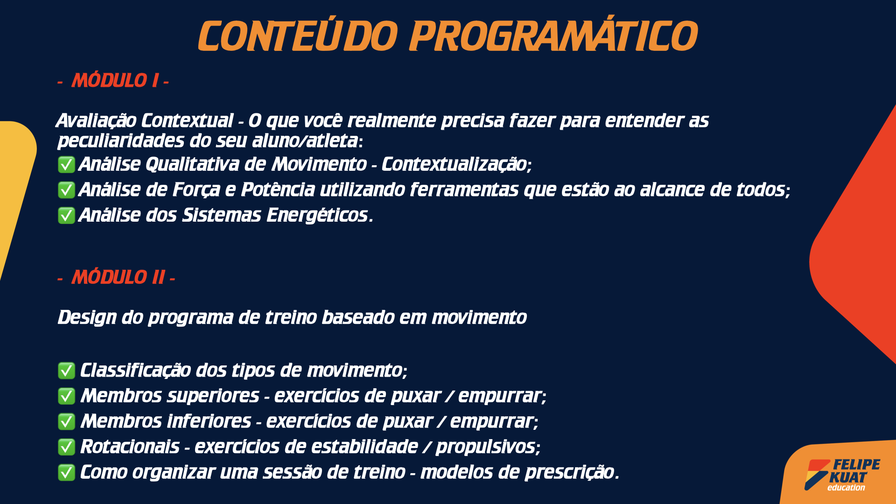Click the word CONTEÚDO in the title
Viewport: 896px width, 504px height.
pyautogui.click(x=298, y=35)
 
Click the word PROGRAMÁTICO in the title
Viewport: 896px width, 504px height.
pyautogui.click(x=553, y=35)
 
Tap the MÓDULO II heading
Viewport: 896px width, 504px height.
pyautogui.click(x=116, y=278)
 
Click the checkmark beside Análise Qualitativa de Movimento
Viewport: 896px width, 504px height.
pyautogui.click(x=66, y=165)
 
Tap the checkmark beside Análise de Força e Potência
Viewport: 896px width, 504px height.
pyautogui.click(x=66, y=190)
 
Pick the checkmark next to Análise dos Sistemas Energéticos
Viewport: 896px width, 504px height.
pyautogui.click(x=66, y=216)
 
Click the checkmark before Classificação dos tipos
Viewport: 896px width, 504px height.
pyautogui.click(x=66, y=371)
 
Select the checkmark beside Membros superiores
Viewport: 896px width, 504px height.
pyautogui.click(x=66, y=396)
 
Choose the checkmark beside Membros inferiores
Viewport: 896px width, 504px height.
pyautogui.click(x=66, y=421)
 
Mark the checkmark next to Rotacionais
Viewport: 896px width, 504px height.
pyautogui.click(x=66, y=447)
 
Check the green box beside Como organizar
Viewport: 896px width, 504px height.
pyautogui.click(x=66, y=472)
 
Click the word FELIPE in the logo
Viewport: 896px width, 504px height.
pyautogui.click(x=857, y=465)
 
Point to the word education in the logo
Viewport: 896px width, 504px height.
pyautogui.click(x=846, y=488)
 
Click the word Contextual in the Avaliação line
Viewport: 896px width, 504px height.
pyautogui.click(x=187, y=121)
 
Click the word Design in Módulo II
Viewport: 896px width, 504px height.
pyautogui.click(x=87, y=318)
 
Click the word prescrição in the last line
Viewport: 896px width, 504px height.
pyautogui.click(x=570, y=472)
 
